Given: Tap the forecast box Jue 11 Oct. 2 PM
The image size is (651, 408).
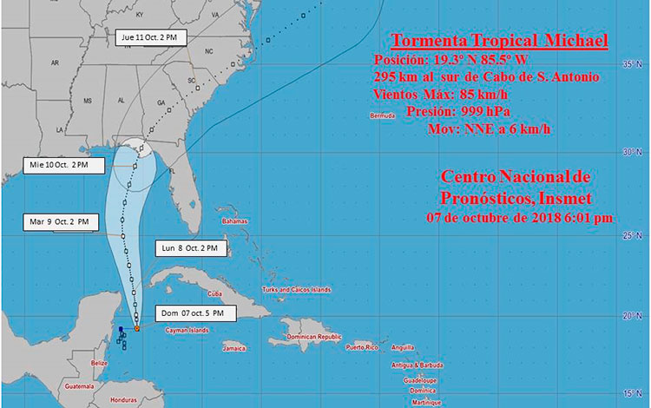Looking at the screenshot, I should [153, 37].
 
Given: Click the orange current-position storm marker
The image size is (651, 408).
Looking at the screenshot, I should [137, 328].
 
